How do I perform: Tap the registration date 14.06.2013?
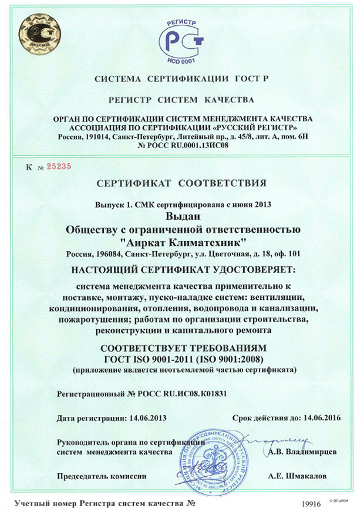click(x=147, y=418)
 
